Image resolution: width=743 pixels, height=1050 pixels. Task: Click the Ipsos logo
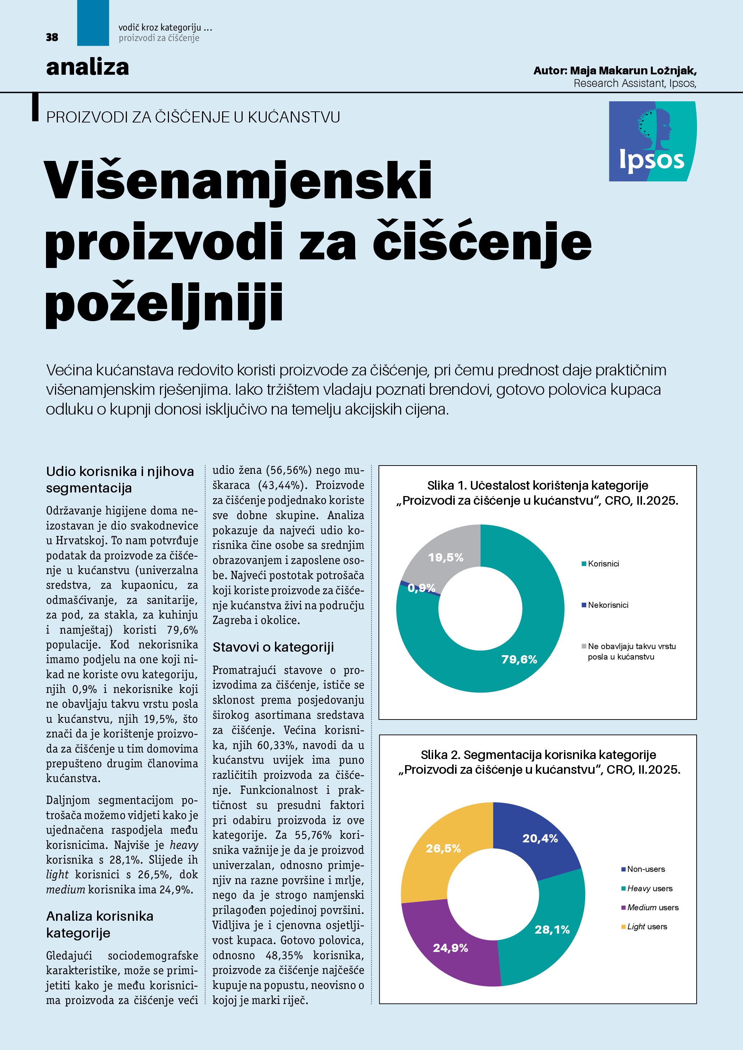(652, 141)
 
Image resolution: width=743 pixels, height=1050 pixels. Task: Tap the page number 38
(52, 37)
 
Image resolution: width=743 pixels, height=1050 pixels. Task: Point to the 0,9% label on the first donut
(421, 588)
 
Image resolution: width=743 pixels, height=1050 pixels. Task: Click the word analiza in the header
(87, 68)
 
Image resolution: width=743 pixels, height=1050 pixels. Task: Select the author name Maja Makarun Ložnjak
(633, 71)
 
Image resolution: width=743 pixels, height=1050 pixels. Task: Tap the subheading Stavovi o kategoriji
(273, 647)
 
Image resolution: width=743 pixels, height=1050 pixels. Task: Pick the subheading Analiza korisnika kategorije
(99, 924)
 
